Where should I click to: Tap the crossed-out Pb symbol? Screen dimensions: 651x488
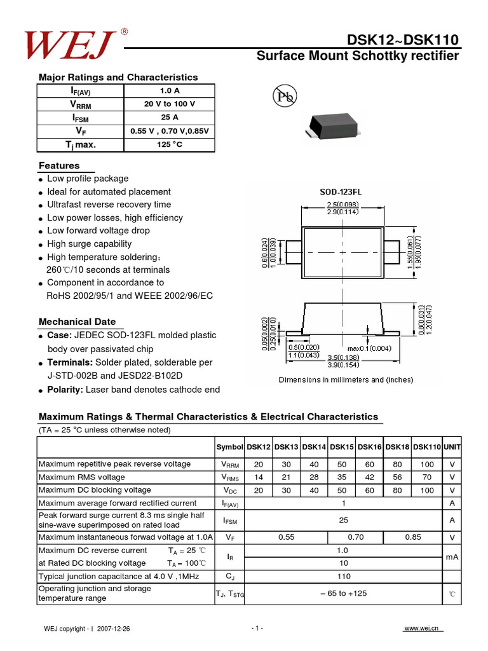pyautogui.click(x=285, y=97)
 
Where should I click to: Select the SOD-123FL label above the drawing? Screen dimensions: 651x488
pyautogui.click(x=344, y=191)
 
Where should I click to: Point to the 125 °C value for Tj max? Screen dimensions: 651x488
pyautogui.click(x=170, y=144)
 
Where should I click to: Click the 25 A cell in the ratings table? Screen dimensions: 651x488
pyautogui.click(x=170, y=118)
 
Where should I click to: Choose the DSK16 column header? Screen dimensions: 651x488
pyautogui.click(x=369, y=448)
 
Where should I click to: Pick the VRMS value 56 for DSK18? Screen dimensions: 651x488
pyautogui.click(x=397, y=477)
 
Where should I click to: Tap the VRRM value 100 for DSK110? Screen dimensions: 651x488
pyautogui.click(x=427, y=464)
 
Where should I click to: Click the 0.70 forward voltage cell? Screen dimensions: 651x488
pyautogui.click(x=356, y=537)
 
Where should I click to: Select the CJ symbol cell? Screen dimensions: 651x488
pyautogui.click(x=229, y=577)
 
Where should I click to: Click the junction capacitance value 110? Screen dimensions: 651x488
pyautogui.click(x=343, y=577)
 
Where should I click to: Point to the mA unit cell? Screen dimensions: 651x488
pyautogui.click(x=452, y=557)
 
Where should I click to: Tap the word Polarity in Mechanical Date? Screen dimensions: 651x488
pyautogui.click(x=65, y=389)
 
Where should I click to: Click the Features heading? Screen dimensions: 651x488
pyautogui.click(x=60, y=166)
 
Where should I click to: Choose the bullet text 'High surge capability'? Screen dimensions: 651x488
pyautogui.click(x=90, y=244)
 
